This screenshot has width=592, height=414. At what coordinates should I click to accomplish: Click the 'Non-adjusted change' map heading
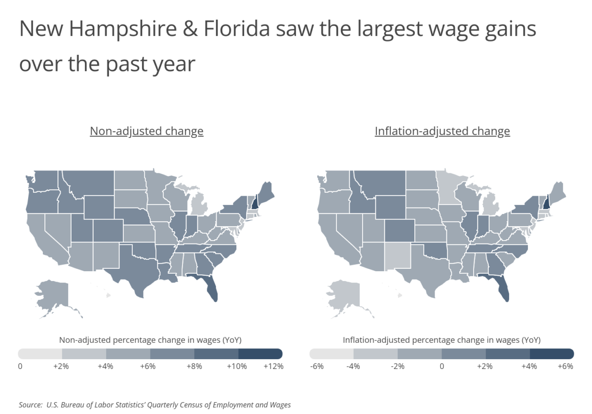[147, 131]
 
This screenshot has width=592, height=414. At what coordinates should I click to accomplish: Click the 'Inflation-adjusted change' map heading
[442, 131]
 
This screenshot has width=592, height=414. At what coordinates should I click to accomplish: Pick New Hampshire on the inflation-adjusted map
[546, 202]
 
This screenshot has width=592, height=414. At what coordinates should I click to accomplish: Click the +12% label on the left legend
[273, 367]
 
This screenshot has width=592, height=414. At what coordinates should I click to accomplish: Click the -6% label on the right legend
[317, 367]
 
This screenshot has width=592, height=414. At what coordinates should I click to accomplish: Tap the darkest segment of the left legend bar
[260, 354]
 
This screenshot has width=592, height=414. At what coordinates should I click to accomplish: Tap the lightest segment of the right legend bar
[332, 354]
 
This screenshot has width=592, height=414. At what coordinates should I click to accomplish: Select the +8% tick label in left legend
[194, 367]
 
